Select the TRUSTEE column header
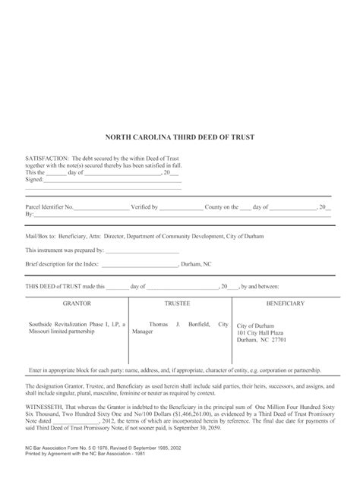179,303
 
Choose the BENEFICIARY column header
284,303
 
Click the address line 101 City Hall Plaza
263,332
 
